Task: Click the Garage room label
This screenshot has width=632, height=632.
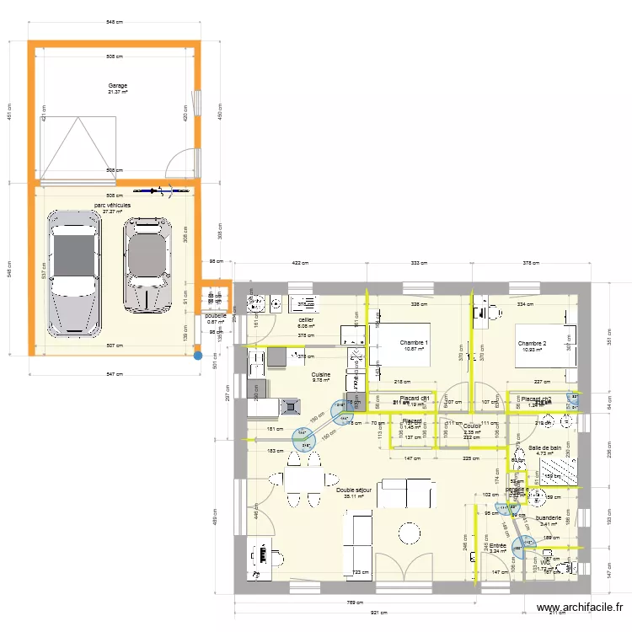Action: point(117,86)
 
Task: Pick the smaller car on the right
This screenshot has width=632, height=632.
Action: point(148,264)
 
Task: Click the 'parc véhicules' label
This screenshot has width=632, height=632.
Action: point(112,205)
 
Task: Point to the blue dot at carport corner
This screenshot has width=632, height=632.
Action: point(198,356)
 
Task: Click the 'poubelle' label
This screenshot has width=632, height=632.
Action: point(216,316)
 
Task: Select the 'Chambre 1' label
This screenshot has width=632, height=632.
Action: point(414,343)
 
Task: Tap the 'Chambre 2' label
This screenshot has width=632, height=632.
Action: point(533,343)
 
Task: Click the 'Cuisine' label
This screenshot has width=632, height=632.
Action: point(321,374)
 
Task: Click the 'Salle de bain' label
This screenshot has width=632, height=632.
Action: point(545,448)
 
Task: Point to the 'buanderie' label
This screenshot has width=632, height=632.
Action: point(549,518)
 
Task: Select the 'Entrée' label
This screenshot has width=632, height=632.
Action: point(498,546)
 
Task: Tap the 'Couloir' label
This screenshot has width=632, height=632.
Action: point(472,426)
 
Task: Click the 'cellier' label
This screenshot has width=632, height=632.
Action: point(306,320)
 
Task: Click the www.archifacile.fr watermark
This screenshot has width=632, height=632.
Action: point(581,608)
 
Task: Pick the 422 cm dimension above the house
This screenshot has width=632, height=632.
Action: point(300,263)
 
